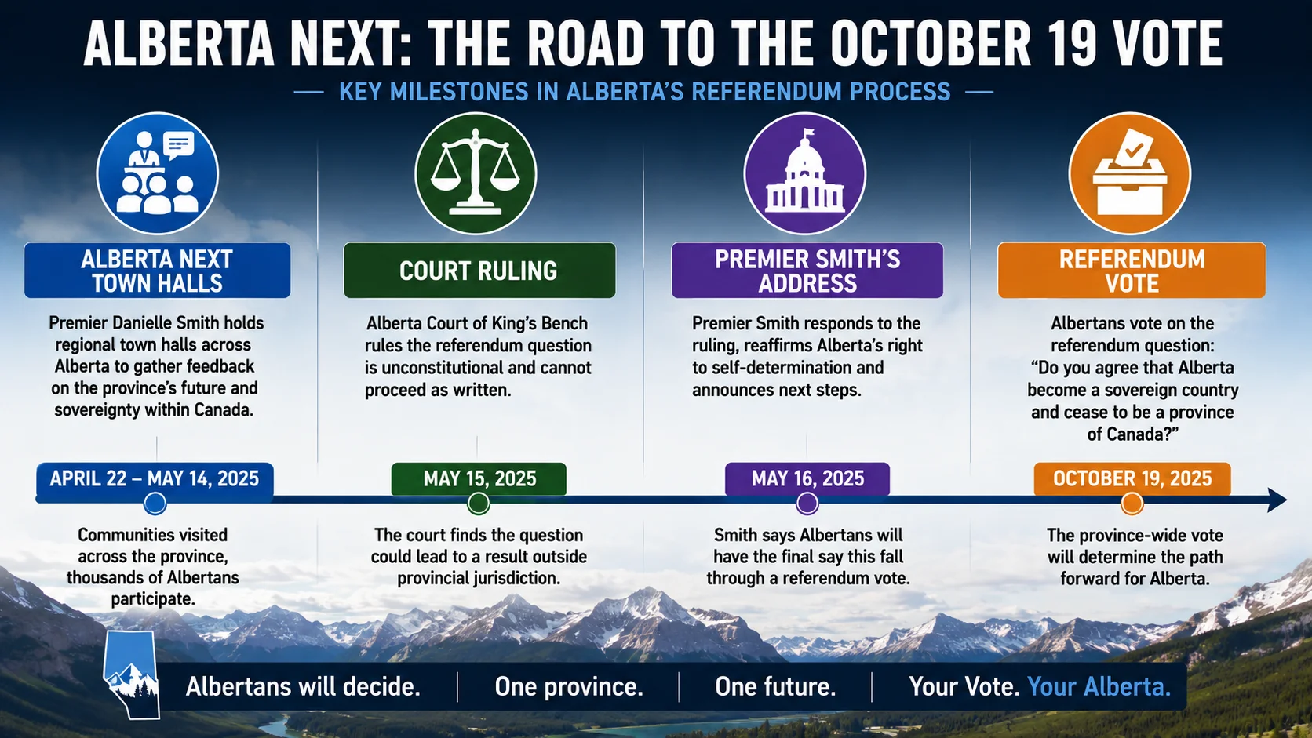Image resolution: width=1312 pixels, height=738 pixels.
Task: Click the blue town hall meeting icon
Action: (x=157, y=173)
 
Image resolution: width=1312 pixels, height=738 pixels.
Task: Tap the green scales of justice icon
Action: (x=476, y=173)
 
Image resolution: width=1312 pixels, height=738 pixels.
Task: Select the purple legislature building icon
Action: (x=805, y=173)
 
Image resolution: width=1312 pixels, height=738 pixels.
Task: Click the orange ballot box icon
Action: (x=1130, y=173)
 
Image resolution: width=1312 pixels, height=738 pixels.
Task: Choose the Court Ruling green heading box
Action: (x=479, y=271)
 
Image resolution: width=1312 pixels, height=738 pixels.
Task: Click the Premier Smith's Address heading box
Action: (x=807, y=271)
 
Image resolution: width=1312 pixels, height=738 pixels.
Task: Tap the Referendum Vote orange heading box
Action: (x=1132, y=271)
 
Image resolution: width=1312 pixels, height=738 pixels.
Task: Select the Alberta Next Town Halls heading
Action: (x=157, y=271)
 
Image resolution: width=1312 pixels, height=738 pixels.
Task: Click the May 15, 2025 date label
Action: (x=479, y=478)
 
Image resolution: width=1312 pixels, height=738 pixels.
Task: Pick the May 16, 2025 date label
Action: (x=807, y=478)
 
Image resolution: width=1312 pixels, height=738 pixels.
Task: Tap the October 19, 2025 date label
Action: (x=1132, y=478)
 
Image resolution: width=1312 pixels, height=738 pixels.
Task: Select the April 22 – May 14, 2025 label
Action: (x=155, y=478)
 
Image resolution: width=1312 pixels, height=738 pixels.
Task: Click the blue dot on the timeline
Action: (x=155, y=504)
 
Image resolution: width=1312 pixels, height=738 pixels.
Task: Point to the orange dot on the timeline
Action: (x=1132, y=504)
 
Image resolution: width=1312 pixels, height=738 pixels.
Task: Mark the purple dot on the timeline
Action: (x=807, y=504)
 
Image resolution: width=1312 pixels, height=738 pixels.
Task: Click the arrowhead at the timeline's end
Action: (x=1277, y=500)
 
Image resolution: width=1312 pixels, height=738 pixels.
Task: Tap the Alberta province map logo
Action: (x=131, y=674)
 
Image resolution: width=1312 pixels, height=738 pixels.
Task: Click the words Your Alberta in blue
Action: (x=1099, y=686)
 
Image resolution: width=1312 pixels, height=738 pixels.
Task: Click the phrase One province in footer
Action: (x=569, y=686)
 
